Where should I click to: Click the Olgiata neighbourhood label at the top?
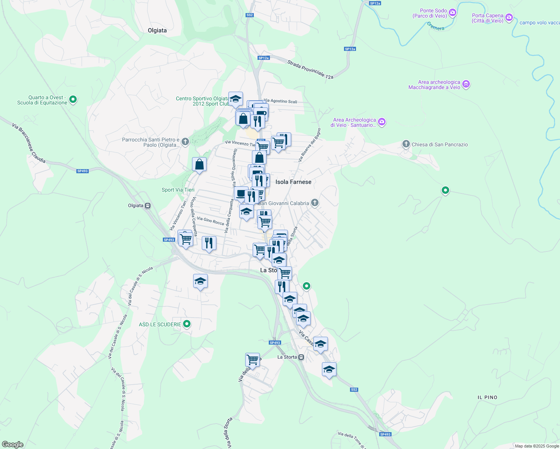pos(157,30)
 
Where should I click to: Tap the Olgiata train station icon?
pos(148,205)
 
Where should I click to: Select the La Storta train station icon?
pos(301,357)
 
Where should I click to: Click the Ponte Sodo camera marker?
pos(452,13)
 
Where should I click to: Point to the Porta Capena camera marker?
pos(509,18)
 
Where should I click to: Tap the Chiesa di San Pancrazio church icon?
pos(406,144)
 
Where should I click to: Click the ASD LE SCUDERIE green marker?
pos(186,324)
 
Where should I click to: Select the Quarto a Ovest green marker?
pos(73,100)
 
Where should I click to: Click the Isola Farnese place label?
pos(293,182)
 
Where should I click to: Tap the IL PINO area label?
pos(487,397)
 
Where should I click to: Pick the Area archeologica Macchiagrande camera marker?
pos(466,84)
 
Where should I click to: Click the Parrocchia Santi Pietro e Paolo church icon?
pos(185,142)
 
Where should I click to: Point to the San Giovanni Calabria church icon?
pos(315,203)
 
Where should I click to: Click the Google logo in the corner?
pos(13,445)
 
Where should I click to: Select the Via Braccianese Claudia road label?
pos(28,143)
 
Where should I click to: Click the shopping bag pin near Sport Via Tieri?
pos(200,164)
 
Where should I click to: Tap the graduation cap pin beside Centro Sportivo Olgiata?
pos(235,99)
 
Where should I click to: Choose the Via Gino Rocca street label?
pos(210,221)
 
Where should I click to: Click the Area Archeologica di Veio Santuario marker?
pos(381,122)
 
